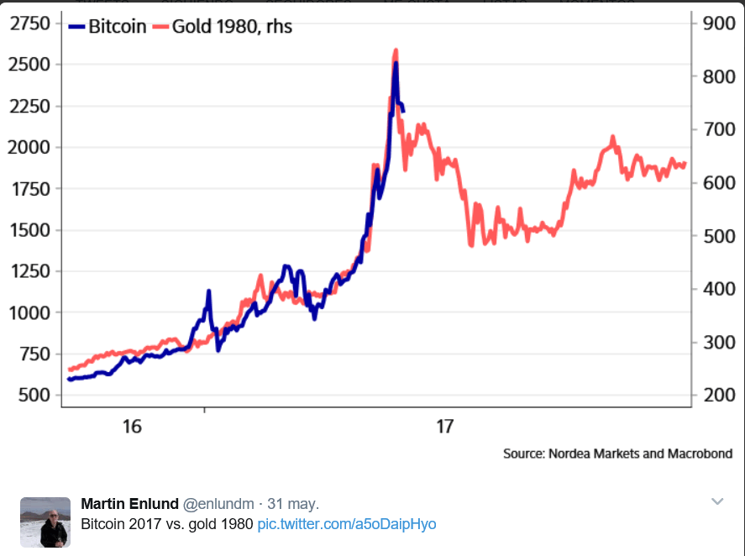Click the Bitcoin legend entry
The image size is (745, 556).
pos(108,27)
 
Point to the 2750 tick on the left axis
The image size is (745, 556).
pos(29,24)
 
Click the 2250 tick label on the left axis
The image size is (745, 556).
pos(29,106)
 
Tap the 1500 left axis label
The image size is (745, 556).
pos(29,230)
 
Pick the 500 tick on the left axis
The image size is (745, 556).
pos(34,395)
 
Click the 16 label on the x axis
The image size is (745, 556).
pos(132,427)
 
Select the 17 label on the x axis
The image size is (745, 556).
pos(445,427)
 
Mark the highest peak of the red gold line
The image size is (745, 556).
pos(396,51)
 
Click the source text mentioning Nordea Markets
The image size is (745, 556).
pos(617,454)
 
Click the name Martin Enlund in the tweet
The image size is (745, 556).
pos(129,504)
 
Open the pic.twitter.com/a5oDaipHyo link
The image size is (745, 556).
pos(347,524)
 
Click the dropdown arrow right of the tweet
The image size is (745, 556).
pos(717,502)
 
